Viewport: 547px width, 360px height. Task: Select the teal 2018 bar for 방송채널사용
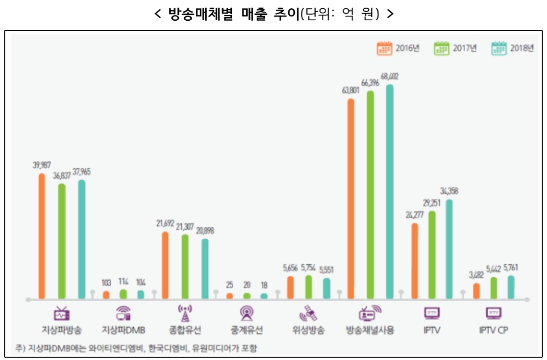point(389,191)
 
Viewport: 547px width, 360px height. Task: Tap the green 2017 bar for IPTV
point(432,254)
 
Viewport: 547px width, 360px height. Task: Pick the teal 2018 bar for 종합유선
point(205,269)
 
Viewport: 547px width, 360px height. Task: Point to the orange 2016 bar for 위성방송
point(290,287)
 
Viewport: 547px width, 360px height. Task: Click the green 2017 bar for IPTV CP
point(493,288)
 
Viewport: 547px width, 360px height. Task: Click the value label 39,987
point(42,165)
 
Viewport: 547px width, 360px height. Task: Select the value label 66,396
point(370,83)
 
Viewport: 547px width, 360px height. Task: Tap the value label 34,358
point(449,191)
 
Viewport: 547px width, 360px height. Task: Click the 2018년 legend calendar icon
point(499,48)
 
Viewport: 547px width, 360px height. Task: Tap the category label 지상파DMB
point(123,330)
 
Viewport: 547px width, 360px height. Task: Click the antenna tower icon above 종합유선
point(185,313)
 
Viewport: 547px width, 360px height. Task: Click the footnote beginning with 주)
point(137,348)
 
